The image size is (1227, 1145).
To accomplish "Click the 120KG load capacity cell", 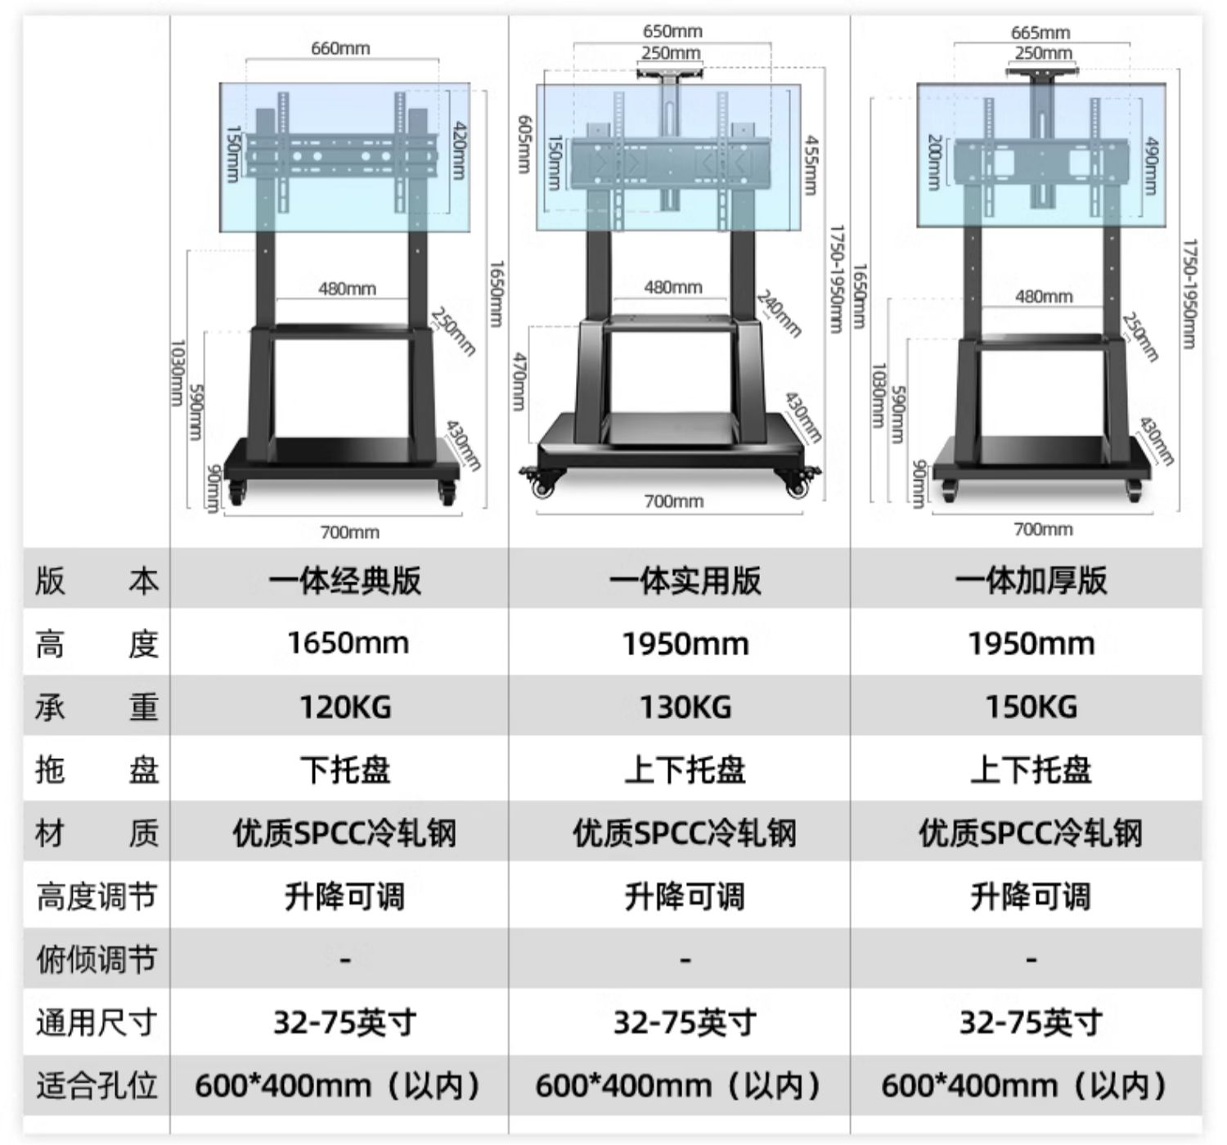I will pos(345,707).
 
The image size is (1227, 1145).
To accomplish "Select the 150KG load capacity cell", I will pos(1031,707).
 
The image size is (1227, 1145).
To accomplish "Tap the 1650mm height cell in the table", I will pos(348,643).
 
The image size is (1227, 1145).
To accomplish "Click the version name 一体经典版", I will pos(344,581).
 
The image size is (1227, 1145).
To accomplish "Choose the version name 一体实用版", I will pos(685,581).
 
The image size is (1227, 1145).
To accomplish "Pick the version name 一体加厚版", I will pos(1031,581).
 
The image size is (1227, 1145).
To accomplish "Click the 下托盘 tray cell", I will pos(345,770).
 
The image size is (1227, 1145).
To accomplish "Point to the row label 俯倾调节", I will pos(96,959).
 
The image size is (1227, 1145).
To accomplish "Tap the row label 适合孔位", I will pos(96,1085).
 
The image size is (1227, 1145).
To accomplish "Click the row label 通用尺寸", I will pos(96,1022).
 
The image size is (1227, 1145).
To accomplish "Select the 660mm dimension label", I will pos(340,48).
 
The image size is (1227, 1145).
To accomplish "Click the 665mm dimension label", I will pos(1040,33).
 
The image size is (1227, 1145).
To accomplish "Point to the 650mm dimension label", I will pos(672,31).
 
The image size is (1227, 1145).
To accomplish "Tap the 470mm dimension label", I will pos(519,381).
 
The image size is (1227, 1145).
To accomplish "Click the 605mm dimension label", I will pos(525,144).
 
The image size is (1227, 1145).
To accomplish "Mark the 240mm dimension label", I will pos(778,313).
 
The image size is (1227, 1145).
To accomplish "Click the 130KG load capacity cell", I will pos(685,707).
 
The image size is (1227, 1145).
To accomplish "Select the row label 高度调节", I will pos(96,896).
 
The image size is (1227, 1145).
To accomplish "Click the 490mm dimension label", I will pos(1151,165).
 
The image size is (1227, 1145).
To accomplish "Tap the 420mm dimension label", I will pos(459,151).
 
